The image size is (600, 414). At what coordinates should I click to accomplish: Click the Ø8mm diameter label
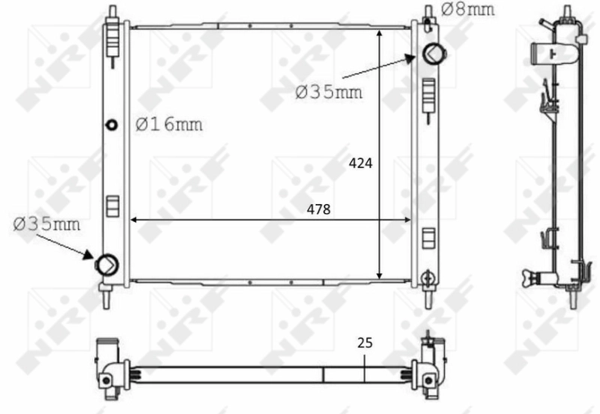coord(469,10)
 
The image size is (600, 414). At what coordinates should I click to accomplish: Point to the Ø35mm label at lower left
coord(47,223)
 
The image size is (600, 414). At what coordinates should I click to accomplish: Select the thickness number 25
coord(364,343)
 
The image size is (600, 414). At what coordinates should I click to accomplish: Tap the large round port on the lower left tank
coord(106,264)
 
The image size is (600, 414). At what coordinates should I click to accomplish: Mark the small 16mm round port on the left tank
coord(112,124)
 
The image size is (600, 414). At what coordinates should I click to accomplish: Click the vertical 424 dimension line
coord(381,112)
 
